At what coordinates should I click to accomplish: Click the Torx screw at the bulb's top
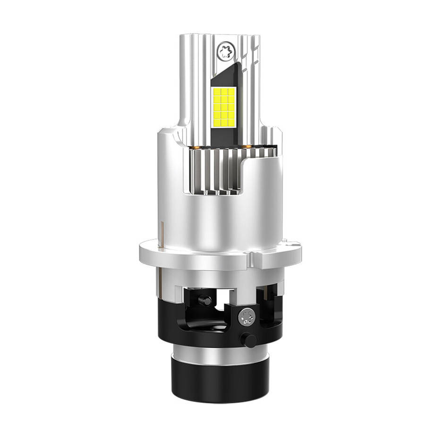pos(225,50)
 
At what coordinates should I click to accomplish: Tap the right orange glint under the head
pos(247,147)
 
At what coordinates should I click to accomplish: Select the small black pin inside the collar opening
pos(204,299)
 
